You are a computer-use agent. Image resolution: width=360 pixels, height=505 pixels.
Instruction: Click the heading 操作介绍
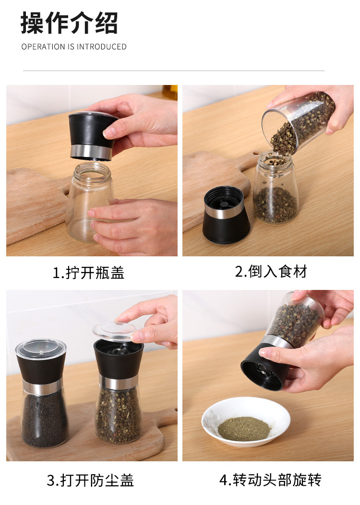point(69,23)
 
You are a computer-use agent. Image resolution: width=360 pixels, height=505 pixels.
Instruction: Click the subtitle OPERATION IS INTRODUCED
point(74,47)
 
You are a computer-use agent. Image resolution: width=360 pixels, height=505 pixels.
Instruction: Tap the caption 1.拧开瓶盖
point(88,273)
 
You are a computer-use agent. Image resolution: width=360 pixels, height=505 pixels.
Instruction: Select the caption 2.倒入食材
point(271,272)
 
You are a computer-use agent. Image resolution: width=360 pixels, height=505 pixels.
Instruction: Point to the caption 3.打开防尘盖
point(90,481)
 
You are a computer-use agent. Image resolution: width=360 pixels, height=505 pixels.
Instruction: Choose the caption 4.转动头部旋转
point(271,480)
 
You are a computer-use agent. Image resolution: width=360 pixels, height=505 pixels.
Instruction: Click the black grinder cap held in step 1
point(93,136)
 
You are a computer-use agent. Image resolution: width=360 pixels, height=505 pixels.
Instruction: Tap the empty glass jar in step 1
point(89,202)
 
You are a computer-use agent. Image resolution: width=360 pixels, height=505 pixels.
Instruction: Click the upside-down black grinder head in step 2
point(226,215)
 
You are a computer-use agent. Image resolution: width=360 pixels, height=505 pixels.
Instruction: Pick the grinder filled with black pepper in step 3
point(43,393)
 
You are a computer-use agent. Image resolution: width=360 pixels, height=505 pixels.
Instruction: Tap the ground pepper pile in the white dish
point(244,429)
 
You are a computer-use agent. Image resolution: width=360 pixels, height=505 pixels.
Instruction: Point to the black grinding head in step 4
point(264,367)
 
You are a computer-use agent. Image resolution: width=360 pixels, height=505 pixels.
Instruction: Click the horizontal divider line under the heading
point(174,71)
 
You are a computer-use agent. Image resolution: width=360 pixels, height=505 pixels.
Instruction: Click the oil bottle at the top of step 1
point(170,93)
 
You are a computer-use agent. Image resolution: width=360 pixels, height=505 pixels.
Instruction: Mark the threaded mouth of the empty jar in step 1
point(92,170)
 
